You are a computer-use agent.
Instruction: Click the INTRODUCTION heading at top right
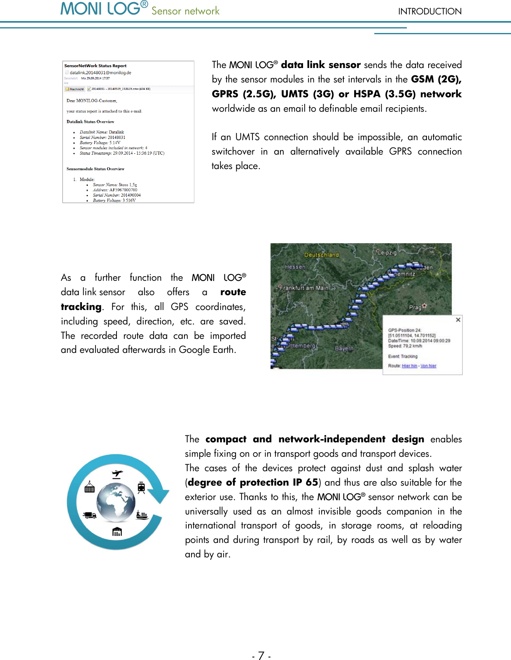429,12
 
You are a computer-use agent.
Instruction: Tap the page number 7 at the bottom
261,655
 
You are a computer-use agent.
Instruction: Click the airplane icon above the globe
117,474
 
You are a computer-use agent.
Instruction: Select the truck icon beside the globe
89,515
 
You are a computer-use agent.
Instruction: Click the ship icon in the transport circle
142,515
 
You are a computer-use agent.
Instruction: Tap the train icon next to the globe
141,488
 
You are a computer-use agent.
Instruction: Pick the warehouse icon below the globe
117,531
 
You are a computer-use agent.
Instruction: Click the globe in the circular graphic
116,503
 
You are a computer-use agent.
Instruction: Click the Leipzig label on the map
387,252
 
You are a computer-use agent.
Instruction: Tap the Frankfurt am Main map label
304,288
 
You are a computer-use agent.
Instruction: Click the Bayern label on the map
344,348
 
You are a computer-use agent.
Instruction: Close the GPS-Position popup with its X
458,320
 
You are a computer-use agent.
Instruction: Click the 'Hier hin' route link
409,366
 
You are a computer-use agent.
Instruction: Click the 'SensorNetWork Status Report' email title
95,66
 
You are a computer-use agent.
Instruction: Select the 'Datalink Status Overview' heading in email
90,122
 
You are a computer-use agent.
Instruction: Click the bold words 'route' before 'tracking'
233,292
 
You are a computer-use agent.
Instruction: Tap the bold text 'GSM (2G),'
436,79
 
